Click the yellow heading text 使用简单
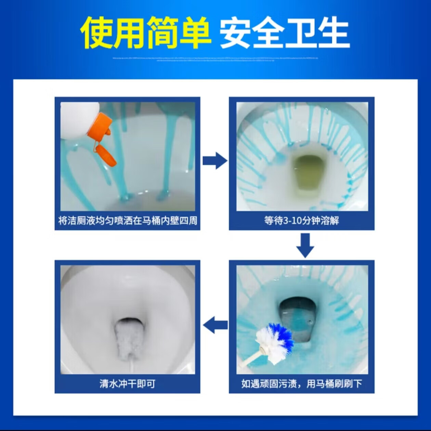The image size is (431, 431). [x=145, y=32]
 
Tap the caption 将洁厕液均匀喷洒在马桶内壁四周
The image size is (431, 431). [x=127, y=221]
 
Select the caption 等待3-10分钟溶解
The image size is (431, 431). [x=301, y=221]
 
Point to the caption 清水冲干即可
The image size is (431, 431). [x=127, y=383]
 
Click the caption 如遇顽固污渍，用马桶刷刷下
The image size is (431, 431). [x=301, y=383]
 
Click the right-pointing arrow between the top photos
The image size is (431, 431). [x=214, y=160]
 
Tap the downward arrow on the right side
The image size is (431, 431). [x=305, y=245]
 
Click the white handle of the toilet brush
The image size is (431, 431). [x=249, y=359]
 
